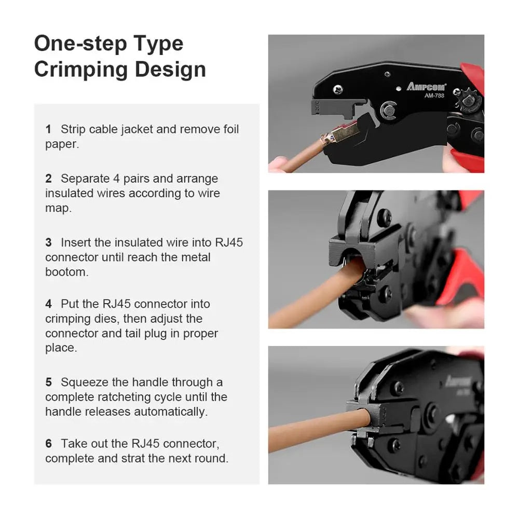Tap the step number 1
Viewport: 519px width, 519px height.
tap(48, 129)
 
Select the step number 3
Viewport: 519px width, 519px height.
tap(48, 242)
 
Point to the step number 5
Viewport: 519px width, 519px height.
tap(48, 383)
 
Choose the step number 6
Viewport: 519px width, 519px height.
tap(48, 444)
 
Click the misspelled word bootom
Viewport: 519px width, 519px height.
tap(66, 272)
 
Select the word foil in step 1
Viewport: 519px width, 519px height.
tap(228, 129)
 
